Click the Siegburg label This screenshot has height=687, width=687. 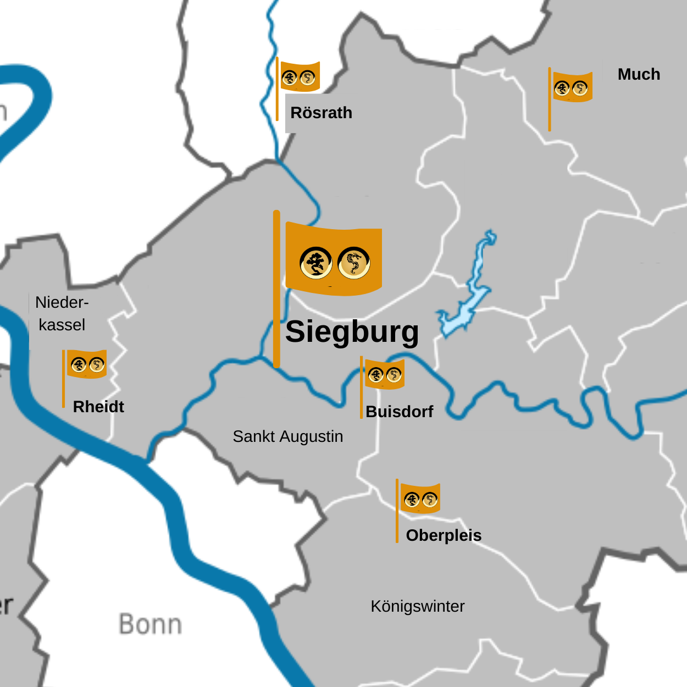[x=352, y=332]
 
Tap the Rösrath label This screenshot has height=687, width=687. [x=321, y=113]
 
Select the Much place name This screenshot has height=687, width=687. [x=639, y=74]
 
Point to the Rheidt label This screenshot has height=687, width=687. [x=98, y=407]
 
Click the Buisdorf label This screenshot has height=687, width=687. [x=399, y=412]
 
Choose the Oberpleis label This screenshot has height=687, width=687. [x=444, y=535]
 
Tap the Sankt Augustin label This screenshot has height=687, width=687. [x=287, y=436]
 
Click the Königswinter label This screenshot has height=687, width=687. [x=417, y=606]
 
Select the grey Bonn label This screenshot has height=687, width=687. [x=150, y=625]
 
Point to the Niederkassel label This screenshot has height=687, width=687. [x=62, y=313]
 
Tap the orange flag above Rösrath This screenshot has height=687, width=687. [x=300, y=77]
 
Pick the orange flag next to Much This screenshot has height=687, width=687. [x=572, y=87]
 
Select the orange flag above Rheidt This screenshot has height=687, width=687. [x=86, y=364]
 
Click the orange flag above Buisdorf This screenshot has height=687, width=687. [x=384, y=374]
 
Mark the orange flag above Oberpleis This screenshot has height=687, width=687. [x=420, y=498]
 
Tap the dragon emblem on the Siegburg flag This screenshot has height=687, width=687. [x=354, y=263]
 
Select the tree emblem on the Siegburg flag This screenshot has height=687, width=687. [x=316, y=263]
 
